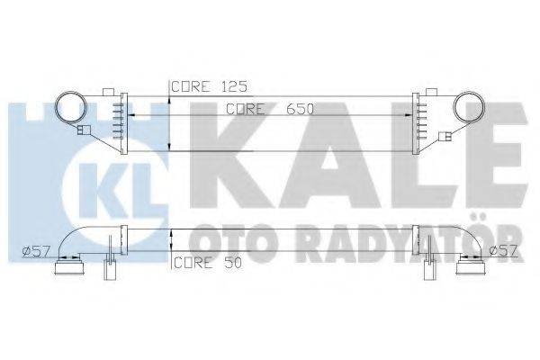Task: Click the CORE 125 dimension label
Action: click(x=209, y=86)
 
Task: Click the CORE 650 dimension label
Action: click(x=270, y=109)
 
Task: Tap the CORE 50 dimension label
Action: click(x=208, y=263)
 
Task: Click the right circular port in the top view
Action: click(x=484, y=107)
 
